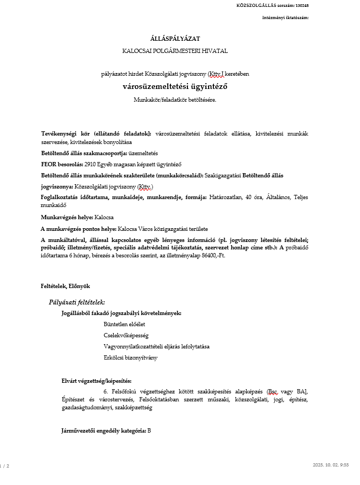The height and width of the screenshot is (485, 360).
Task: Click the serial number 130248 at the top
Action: click(302, 5)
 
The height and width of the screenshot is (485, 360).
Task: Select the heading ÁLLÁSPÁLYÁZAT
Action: click(175, 38)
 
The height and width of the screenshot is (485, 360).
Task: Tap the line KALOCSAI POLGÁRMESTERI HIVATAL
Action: click(175, 51)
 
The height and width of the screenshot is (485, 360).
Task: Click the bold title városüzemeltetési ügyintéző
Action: click(175, 86)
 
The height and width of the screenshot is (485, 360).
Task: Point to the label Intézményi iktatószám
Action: click(285, 17)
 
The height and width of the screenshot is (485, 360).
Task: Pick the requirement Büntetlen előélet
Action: click(124, 324)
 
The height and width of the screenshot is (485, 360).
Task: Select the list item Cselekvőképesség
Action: click(126, 335)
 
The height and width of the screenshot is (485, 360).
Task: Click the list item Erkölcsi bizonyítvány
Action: click(130, 357)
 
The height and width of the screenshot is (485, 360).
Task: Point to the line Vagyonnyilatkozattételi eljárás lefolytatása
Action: click(157, 346)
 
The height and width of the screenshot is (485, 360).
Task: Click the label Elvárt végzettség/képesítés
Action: click(96, 381)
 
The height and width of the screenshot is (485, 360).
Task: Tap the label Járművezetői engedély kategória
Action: click(104, 430)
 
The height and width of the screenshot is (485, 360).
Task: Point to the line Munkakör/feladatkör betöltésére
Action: click(175, 99)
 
